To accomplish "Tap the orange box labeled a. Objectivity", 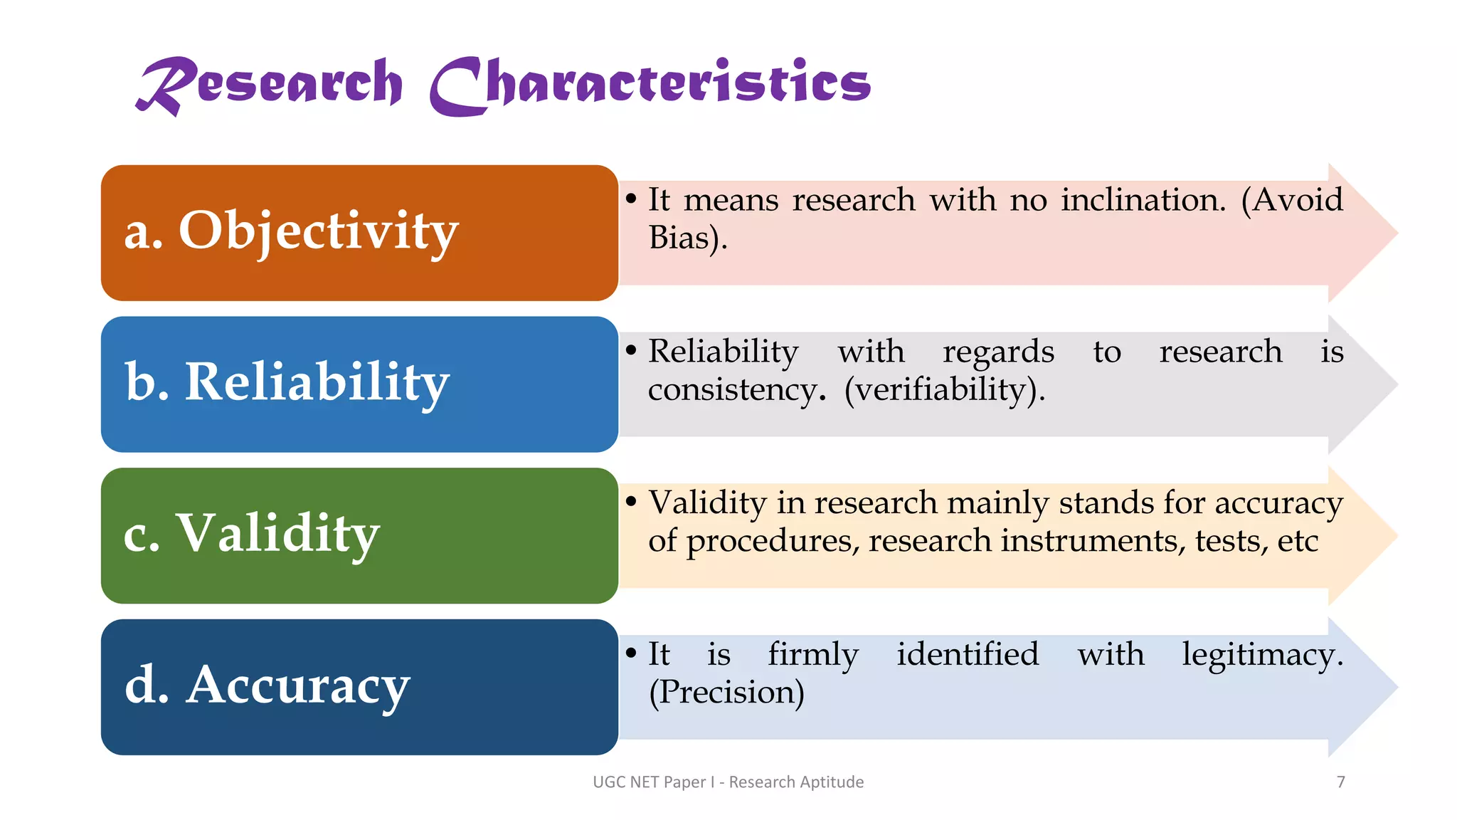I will click(x=359, y=233).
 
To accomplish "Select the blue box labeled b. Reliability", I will click(x=359, y=384).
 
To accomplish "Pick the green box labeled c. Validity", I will click(x=359, y=535).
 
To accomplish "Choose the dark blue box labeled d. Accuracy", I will click(x=359, y=687).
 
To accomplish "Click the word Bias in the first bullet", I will click(x=679, y=238).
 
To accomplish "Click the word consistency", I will click(x=737, y=390).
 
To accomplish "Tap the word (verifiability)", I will click(x=944, y=390).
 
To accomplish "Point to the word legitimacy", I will click(x=1262, y=655).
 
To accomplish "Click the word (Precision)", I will click(x=726, y=693).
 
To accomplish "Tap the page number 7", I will click(x=1340, y=782).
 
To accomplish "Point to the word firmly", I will click(x=813, y=655).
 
